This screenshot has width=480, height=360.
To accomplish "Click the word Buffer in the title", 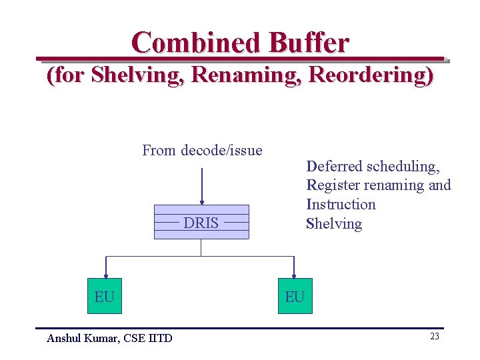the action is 308,43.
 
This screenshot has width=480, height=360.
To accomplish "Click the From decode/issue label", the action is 202,151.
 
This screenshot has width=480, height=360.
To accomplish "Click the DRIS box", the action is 201,222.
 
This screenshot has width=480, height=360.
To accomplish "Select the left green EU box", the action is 105,296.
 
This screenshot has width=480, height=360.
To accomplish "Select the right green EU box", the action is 295,296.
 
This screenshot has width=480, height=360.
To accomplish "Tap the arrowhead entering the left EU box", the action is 105,273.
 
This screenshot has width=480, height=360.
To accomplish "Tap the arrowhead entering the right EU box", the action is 294,273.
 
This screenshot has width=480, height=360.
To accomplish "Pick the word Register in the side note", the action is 332,185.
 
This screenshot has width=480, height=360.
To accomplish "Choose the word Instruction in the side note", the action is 341,205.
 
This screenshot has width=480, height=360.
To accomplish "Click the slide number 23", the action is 434,337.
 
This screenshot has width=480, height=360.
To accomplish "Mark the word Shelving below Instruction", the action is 334,224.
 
